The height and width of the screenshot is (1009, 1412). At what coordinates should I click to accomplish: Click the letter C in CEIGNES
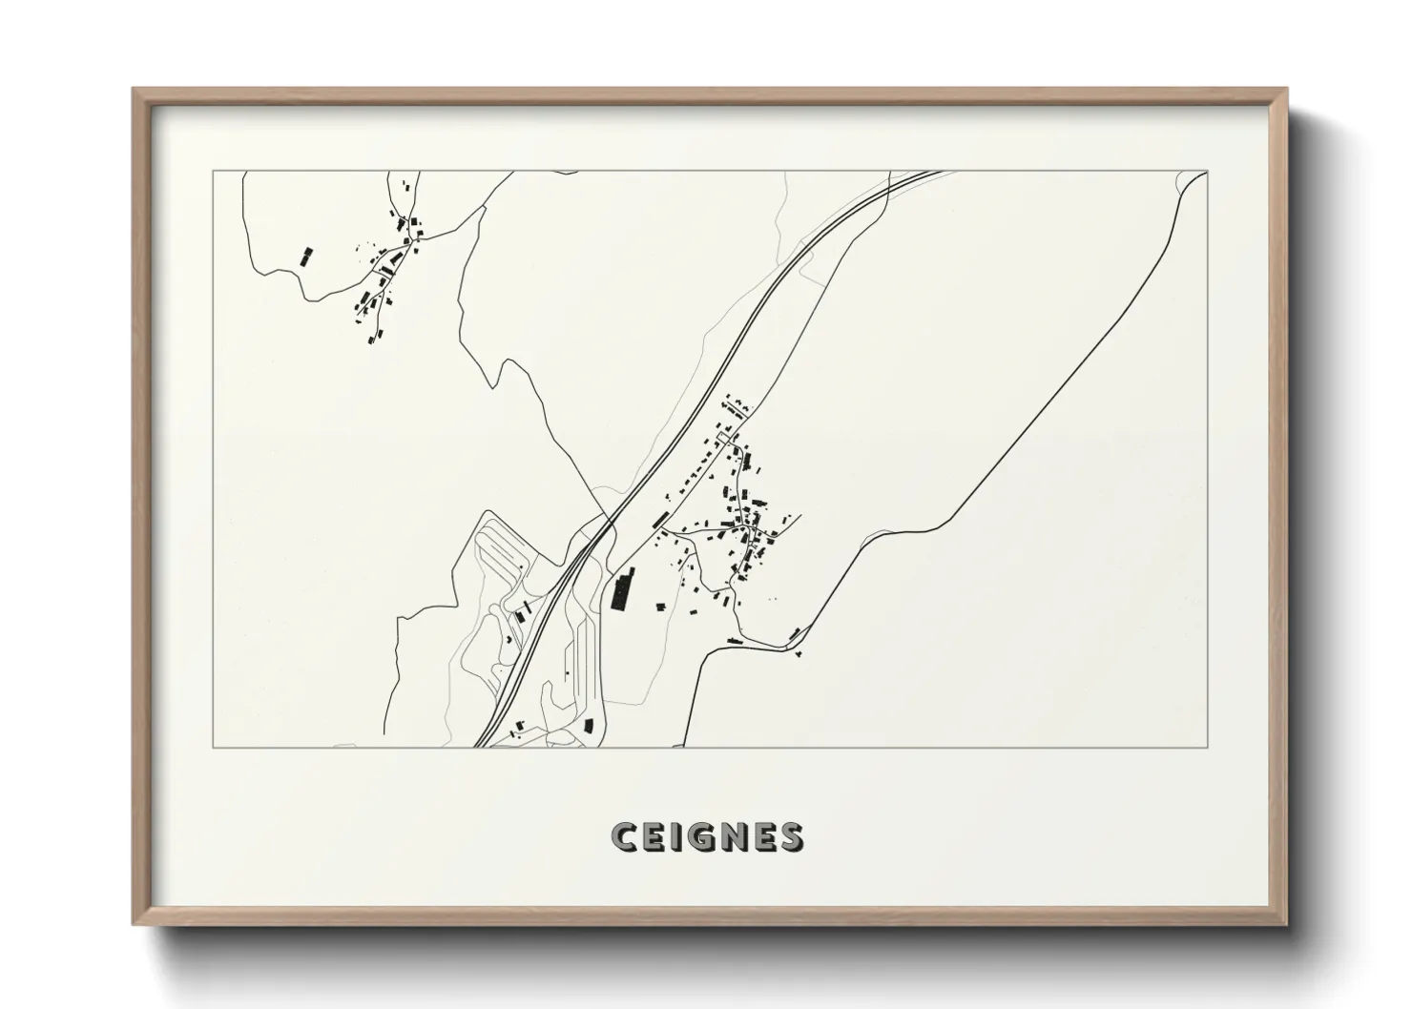[x=625, y=836]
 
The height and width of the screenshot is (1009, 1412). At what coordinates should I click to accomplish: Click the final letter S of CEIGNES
[x=790, y=836]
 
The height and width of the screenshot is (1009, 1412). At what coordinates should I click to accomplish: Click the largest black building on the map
[x=623, y=590]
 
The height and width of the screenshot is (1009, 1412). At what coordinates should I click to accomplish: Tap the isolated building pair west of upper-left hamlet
[x=306, y=257]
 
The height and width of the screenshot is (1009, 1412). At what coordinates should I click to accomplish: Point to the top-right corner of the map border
[x=1207, y=172]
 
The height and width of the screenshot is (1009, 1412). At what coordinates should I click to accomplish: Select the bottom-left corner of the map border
[x=214, y=747]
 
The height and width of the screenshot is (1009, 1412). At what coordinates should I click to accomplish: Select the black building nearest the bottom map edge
[x=589, y=726]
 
